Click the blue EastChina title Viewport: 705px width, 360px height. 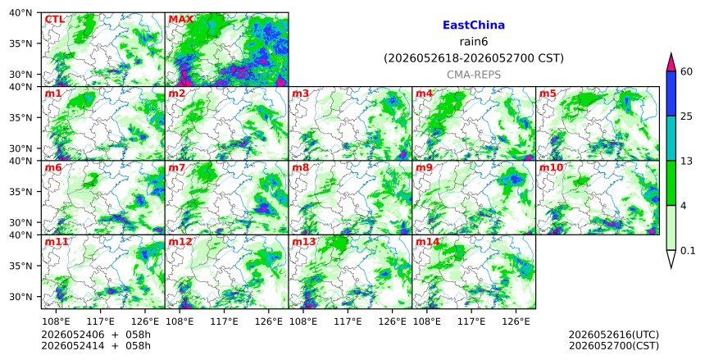click(x=474, y=25)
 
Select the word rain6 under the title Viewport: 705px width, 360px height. click(x=474, y=42)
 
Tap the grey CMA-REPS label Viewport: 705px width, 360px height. click(x=474, y=75)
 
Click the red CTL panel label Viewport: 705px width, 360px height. click(x=54, y=20)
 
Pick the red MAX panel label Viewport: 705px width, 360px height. click(x=180, y=20)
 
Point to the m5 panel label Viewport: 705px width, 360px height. click(x=548, y=93)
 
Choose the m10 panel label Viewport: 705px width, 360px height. click(x=551, y=168)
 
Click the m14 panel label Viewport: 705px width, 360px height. click(x=427, y=242)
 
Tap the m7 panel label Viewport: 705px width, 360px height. click(x=177, y=168)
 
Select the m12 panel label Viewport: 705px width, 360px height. click(x=180, y=242)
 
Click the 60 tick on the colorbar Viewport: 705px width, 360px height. click(x=687, y=71)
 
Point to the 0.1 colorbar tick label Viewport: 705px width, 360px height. click(x=688, y=251)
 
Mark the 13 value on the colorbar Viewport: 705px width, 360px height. click(x=687, y=161)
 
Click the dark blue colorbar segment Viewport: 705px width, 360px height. click(x=671, y=93)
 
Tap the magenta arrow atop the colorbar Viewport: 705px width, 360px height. click(x=671, y=62)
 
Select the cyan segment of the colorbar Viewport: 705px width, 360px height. click(x=671, y=138)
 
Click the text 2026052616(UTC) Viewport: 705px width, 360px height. click(x=614, y=335)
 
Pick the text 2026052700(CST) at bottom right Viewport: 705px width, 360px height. click(x=614, y=346)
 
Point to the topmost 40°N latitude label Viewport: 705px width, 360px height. click(x=20, y=12)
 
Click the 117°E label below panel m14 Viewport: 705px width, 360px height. click(x=471, y=321)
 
